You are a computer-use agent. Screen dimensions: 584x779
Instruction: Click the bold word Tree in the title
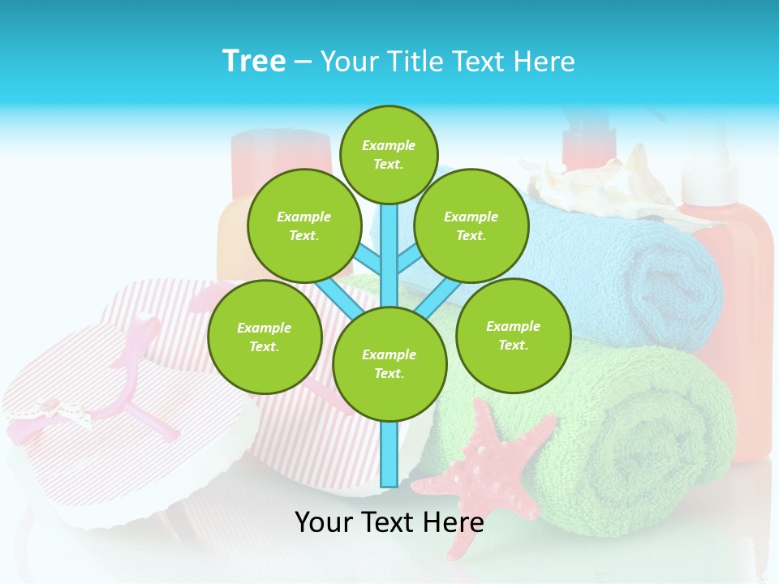254,62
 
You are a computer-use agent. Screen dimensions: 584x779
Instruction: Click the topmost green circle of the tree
389,154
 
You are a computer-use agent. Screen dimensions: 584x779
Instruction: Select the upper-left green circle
303,225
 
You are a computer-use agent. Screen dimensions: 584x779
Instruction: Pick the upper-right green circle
471,225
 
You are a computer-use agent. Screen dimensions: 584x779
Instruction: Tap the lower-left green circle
264,337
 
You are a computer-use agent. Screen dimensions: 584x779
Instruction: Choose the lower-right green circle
513,335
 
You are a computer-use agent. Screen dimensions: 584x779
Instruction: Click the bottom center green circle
389,363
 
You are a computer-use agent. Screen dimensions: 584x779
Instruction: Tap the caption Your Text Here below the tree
389,522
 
